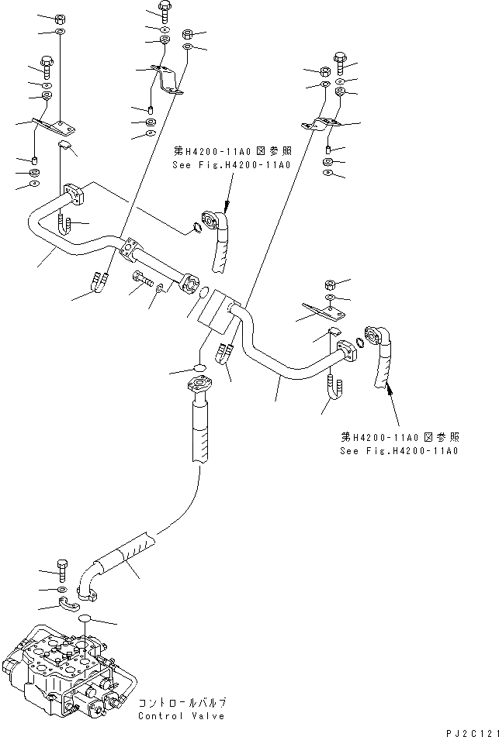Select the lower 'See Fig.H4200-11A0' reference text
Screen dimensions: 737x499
click(399, 450)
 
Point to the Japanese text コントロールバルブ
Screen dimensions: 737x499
click(182, 701)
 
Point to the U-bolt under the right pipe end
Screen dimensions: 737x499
click(334, 387)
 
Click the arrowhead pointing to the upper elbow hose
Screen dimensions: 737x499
click(226, 208)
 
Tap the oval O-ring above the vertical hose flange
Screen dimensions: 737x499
click(199, 367)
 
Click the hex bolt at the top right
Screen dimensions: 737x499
click(340, 57)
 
